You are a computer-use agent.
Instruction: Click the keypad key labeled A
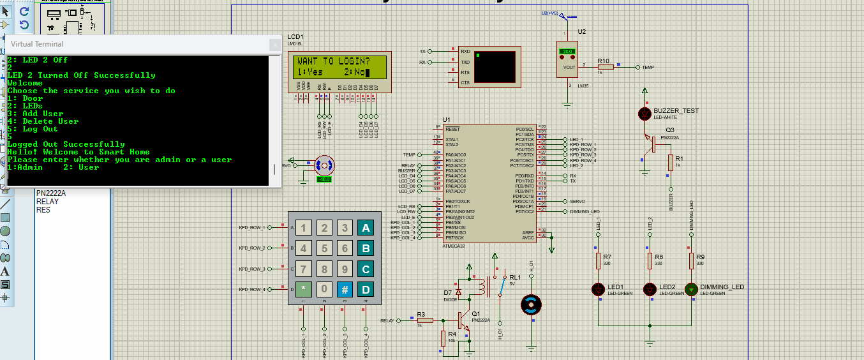click(366, 228)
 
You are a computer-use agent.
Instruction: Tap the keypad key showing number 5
click(324, 248)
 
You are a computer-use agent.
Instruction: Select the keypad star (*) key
click(304, 289)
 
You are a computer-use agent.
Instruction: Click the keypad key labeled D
click(366, 289)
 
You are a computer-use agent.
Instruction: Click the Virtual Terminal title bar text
click(37, 44)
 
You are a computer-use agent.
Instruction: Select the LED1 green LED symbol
click(599, 289)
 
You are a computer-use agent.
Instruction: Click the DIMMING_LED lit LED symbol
click(692, 289)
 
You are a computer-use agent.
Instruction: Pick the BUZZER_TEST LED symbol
click(644, 114)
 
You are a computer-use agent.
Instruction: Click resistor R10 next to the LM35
click(605, 67)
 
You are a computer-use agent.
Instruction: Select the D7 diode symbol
click(458, 293)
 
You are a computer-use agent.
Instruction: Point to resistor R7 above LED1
click(599, 260)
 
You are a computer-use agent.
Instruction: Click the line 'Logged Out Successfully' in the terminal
click(66, 144)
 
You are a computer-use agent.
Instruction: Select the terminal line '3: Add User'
click(36, 114)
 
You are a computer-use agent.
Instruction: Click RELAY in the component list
click(47, 202)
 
